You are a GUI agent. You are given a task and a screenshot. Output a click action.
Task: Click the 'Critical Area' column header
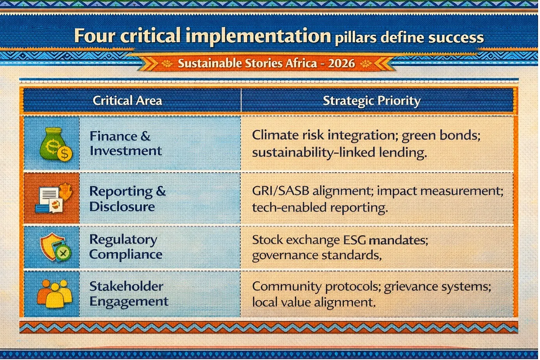coord(127,101)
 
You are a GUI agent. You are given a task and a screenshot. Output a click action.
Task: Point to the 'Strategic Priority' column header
coord(371,101)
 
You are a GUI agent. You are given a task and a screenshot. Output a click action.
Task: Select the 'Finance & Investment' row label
coord(125,143)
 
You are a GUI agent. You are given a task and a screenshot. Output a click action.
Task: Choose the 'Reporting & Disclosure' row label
coord(127,199)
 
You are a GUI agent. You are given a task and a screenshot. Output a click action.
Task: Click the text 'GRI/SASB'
coord(281,191)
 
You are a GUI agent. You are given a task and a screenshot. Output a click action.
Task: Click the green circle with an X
coord(63,253)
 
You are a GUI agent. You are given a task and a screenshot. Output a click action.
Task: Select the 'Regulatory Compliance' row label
coord(126,247)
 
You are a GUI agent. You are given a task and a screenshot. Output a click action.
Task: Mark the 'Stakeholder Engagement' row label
coord(129,294)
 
